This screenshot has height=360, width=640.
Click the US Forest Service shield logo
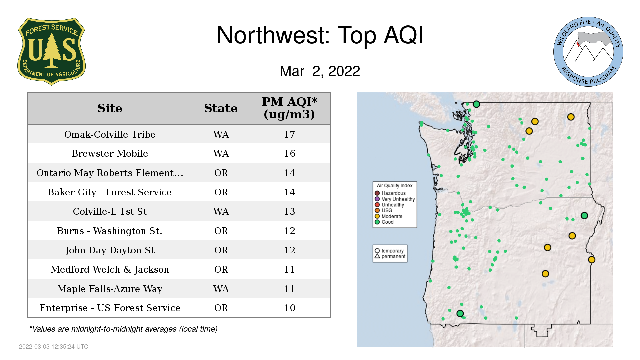51,51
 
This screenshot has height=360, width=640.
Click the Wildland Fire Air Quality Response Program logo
588,52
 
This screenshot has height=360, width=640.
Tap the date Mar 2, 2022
320,71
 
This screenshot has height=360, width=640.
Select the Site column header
110,108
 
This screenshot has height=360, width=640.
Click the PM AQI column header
289,108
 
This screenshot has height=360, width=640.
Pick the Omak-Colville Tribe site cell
110,134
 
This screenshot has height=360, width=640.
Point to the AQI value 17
289,134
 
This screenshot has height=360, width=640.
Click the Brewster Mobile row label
110,153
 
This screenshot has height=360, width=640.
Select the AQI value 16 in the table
289,153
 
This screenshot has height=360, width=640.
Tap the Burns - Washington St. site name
110,231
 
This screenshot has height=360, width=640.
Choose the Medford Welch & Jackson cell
110,269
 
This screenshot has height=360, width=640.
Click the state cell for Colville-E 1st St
221,211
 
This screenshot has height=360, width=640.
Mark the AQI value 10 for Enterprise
289,308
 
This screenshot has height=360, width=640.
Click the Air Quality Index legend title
395,186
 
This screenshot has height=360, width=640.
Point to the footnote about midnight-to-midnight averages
123,329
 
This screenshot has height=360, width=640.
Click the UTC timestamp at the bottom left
54,347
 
